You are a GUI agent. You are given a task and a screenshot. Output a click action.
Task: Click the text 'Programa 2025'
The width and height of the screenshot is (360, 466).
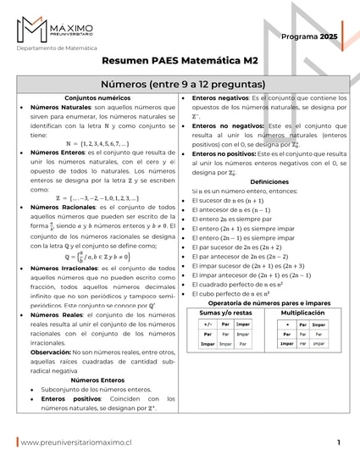tap(309, 37)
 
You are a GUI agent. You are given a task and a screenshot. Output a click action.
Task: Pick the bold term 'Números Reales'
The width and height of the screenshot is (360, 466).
tap(54, 313)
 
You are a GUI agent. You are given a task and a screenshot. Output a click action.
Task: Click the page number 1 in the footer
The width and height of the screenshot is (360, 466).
tap(338, 442)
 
